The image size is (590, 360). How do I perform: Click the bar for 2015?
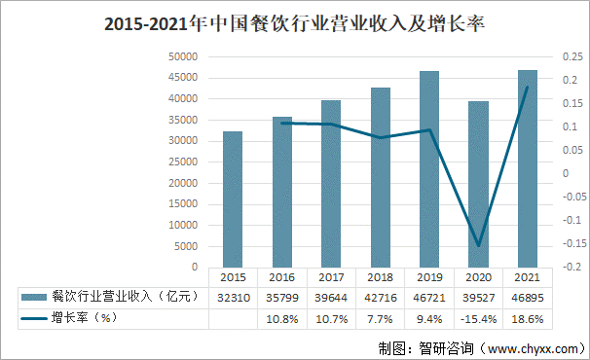[233, 198]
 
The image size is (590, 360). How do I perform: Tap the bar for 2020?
[478, 184]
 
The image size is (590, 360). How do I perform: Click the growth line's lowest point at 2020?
[478, 245]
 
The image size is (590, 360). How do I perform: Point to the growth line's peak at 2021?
[528, 88]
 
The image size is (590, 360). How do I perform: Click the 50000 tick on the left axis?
[183, 56]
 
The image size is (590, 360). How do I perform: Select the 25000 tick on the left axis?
[183, 162]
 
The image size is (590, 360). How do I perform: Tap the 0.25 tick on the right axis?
[571, 56]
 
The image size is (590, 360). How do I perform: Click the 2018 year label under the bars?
[380, 276]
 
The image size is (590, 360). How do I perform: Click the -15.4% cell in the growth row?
[478, 318]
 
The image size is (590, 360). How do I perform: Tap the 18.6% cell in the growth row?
[528, 318]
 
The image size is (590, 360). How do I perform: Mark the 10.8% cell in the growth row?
[281, 318]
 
